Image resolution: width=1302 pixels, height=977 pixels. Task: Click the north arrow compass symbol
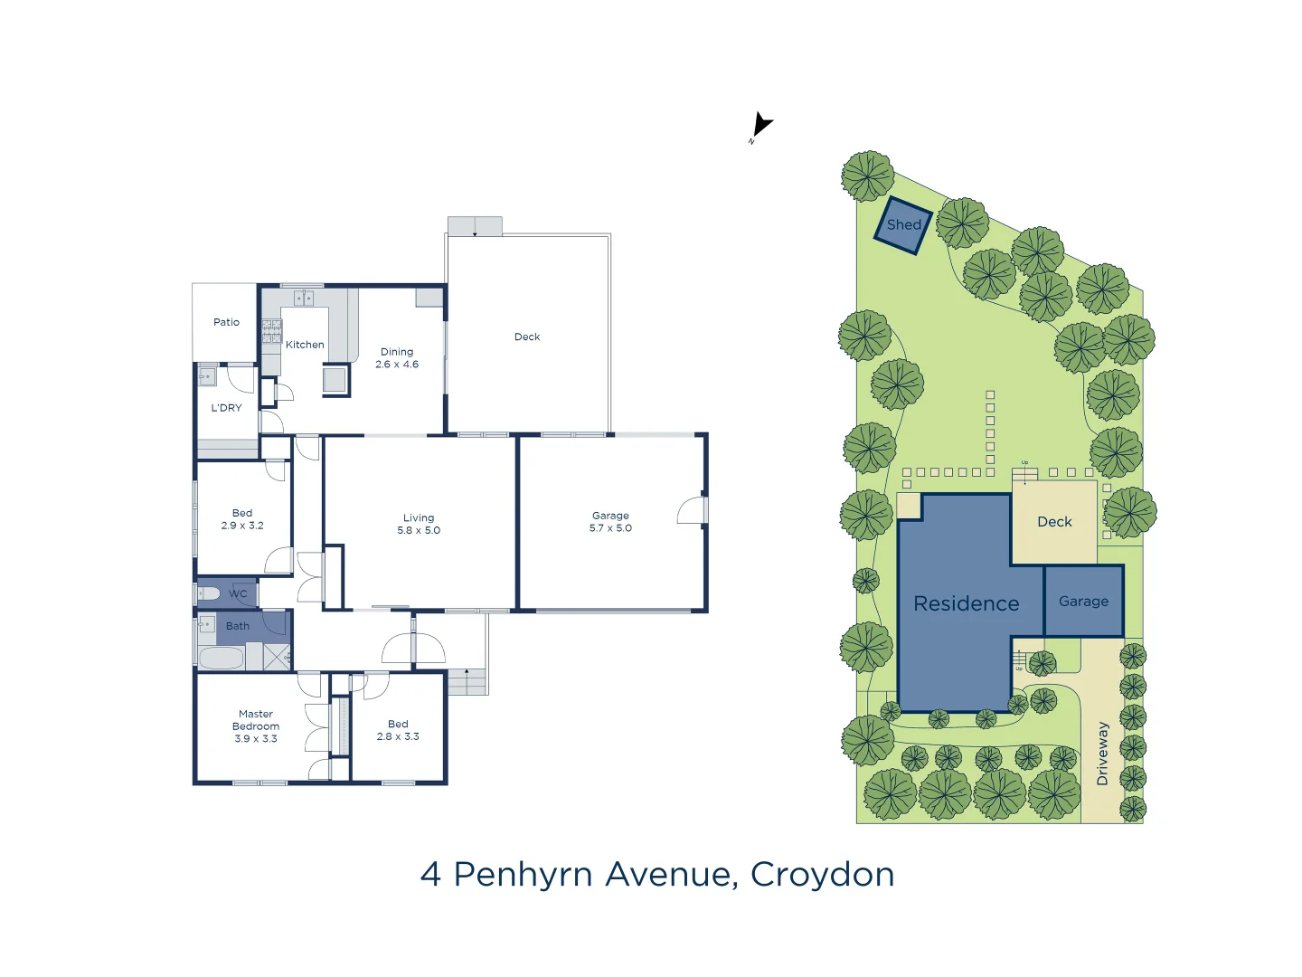pyautogui.click(x=761, y=125)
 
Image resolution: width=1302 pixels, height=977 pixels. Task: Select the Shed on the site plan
pyautogui.click(x=903, y=225)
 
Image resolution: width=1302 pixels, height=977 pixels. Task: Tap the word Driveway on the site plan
pyautogui.click(x=1102, y=754)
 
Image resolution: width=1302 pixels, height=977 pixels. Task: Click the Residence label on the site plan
pyautogui.click(x=966, y=603)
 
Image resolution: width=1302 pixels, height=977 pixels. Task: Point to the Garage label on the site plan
pyautogui.click(x=1083, y=602)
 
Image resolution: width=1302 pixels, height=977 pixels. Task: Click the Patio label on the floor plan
pyautogui.click(x=226, y=322)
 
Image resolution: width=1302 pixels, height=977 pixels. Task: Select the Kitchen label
pyautogui.click(x=305, y=345)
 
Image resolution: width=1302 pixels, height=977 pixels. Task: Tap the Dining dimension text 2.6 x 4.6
pyautogui.click(x=397, y=365)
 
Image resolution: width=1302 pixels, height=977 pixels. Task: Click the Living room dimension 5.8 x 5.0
pyautogui.click(x=419, y=531)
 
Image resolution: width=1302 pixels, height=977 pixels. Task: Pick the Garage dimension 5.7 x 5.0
pyautogui.click(x=610, y=528)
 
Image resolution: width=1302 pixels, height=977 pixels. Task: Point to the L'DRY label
pyautogui.click(x=226, y=408)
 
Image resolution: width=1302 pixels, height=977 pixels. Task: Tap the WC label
pyautogui.click(x=238, y=594)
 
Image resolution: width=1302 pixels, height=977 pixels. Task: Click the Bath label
pyautogui.click(x=238, y=626)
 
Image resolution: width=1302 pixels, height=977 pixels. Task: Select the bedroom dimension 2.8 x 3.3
pyautogui.click(x=398, y=736)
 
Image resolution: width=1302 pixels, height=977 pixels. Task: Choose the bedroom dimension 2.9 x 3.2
pyautogui.click(x=242, y=526)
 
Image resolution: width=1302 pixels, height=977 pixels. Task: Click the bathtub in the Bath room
pyautogui.click(x=221, y=658)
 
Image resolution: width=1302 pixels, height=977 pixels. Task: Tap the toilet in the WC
pyautogui.click(x=208, y=593)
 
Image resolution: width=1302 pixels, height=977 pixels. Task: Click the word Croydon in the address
pyautogui.click(x=822, y=875)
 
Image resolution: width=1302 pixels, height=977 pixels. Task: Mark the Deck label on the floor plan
pyautogui.click(x=527, y=337)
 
